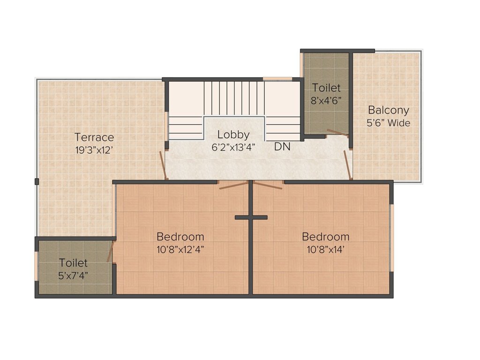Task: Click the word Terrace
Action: tap(94, 137)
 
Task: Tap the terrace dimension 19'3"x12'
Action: tap(94, 150)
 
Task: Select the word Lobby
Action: tap(233, 135)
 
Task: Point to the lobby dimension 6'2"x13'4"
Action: tap(233, 147)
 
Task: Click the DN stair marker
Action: tap(282, 147)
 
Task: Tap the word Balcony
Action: tap(389, 110)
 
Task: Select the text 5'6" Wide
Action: tap(389, 123)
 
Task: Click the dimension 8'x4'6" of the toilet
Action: tap(326, 100)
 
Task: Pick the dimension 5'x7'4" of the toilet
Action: tap(73, 276)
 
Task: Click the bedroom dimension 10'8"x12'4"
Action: tap(180, 249)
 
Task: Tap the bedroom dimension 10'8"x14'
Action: tap(326, 249)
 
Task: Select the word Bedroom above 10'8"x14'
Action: tap(326, 237)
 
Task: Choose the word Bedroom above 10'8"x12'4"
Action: tap(180, 237)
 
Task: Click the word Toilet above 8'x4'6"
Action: tap(326, 88)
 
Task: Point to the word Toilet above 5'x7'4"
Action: tap(73, 262)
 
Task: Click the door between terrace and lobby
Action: tap(164, 165)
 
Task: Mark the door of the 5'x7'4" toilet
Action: tap(111, 252)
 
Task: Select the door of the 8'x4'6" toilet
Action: tap(337, 132)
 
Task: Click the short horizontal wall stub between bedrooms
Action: tap(251, 217)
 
